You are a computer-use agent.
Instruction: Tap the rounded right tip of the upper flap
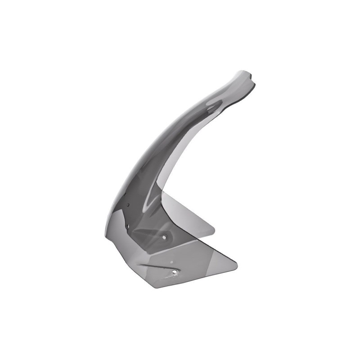pyautogui.click(x=214, y=230)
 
